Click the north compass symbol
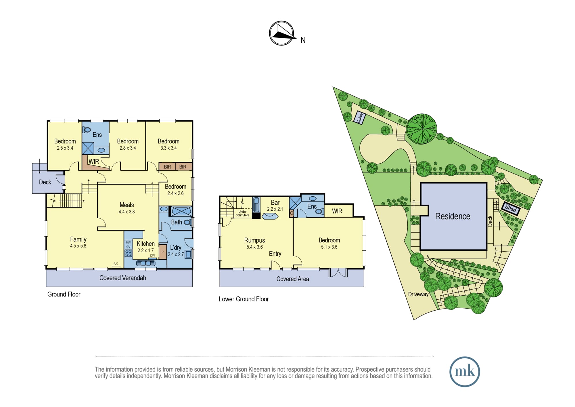[x=282, y=33]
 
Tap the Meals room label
[x=127, y=205]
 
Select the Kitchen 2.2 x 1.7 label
[x=145, y=247]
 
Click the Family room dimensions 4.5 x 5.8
[x=78, y=246]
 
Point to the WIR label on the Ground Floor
[x=94, y=161]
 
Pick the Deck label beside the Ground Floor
[x=45, y=182]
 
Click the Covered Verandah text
[x=123, y=278]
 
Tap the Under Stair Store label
[x=242, y=213]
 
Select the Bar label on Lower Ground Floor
[x=275, y=202]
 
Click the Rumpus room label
[x=254, y=240]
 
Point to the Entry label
[x=275, y=254]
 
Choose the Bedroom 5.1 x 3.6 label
[x=329, y=243]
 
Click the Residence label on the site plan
[x=453, y=216]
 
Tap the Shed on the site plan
[x=511, y=208]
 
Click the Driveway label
[x=418, y=294]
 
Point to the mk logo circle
[x=465, y=372]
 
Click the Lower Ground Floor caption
[x=244, y=299]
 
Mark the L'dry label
[x=176, y=248]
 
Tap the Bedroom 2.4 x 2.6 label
[x=175, y=190]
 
